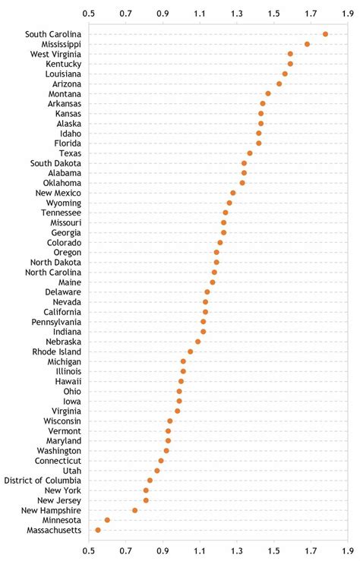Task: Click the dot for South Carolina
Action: point(325,34)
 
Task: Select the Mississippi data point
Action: point(307,44)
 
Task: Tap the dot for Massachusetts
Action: point(98,530)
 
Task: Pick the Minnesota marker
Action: point(107,520)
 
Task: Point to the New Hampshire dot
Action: point(135,510)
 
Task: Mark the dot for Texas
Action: point(250,153)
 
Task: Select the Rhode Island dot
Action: point(191,351)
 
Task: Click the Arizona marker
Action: point(279,84)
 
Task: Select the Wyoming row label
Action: point(64,203)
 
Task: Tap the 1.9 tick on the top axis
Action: point(348,13)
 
